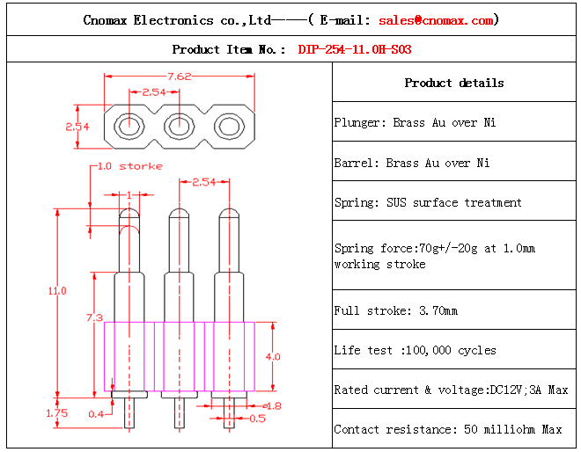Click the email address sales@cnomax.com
point(437,20)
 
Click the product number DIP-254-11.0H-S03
point(354,49)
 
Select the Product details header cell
point(454,83)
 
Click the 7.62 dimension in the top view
point(180,76)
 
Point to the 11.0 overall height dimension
point(57,291)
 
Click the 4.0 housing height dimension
point(273,357)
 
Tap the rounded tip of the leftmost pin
point(129,214)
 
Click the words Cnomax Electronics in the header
point(149,20)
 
